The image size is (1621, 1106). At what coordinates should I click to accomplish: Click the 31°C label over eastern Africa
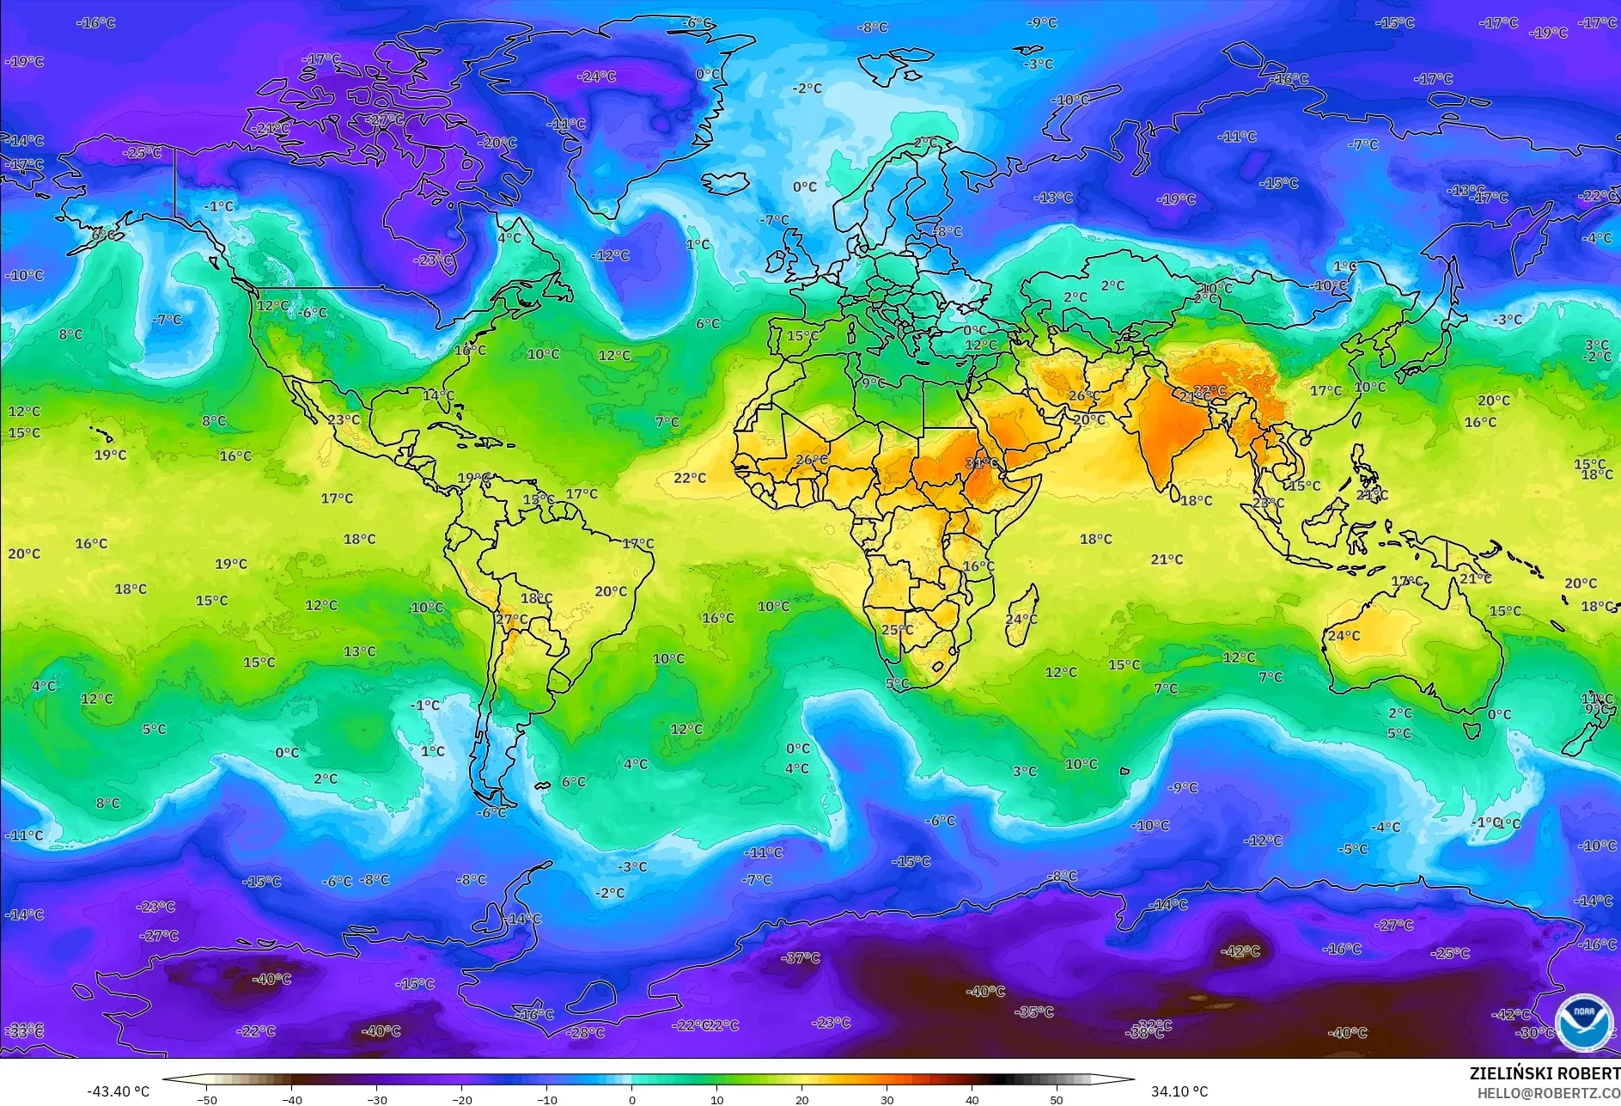pyautogui.click(x=981, y=463)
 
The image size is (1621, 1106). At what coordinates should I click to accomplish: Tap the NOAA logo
pyautogui.click(x=1583, y=1022)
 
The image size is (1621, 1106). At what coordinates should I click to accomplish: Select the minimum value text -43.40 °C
pyautogui.click(x=118, y=1091)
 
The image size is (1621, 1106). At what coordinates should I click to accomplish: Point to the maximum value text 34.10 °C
pyautogui.click(x=1179, y=1091)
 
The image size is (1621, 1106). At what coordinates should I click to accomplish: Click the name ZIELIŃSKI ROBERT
pyautogui.click(x=1544, y=1073)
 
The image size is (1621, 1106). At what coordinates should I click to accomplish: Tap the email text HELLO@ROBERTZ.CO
pyautogui.click(x=1548, y=1093)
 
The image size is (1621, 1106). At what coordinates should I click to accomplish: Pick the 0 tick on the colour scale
pyautogui.click(x=632, y=1100)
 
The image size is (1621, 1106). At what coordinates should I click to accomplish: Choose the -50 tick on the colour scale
pyautogui.click(x=206, y=1100)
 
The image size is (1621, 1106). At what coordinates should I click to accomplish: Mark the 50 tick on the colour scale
pyautogui.click(x=1057, y=1100)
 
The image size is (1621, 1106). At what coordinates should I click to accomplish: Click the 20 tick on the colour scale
pyautogui.click(x=801, y=1100)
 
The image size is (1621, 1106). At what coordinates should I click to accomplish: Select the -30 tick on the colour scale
pyautogui.click(x=376, y=1100)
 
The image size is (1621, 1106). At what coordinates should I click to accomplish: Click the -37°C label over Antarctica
pyautogui.click(x=801, y=957)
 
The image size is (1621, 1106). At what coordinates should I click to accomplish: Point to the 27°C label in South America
pyautogui.click(x=512, y=619)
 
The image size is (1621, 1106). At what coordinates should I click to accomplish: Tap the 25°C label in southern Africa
pyautogui.click(x=897, y=630)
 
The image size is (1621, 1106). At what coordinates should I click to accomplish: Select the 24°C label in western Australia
pyautogui.click(x=1344, y=636)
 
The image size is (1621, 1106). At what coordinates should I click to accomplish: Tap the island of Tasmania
pyautogui.click(x=1472, y=730)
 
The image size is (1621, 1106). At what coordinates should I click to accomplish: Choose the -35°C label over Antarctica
pyautogui.click(x=1034, y=1012)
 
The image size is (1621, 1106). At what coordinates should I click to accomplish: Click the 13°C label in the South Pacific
pyautogui.click(x=359, y=651)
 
